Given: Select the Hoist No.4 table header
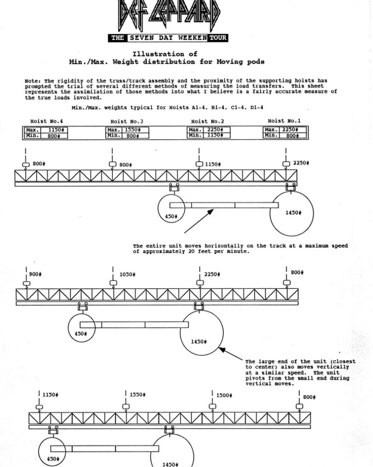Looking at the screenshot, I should tap(46, 121).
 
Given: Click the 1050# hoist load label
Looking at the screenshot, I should tap(127, 275).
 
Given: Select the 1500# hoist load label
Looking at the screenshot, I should tap(224, 396).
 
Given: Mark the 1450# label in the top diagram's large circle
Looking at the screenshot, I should tap(293, 212).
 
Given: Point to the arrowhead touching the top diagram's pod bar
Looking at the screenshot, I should tap(210, 212).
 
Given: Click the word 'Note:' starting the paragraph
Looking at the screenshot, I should tap(33, 80).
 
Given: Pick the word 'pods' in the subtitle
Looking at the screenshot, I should tap(256, 61).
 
